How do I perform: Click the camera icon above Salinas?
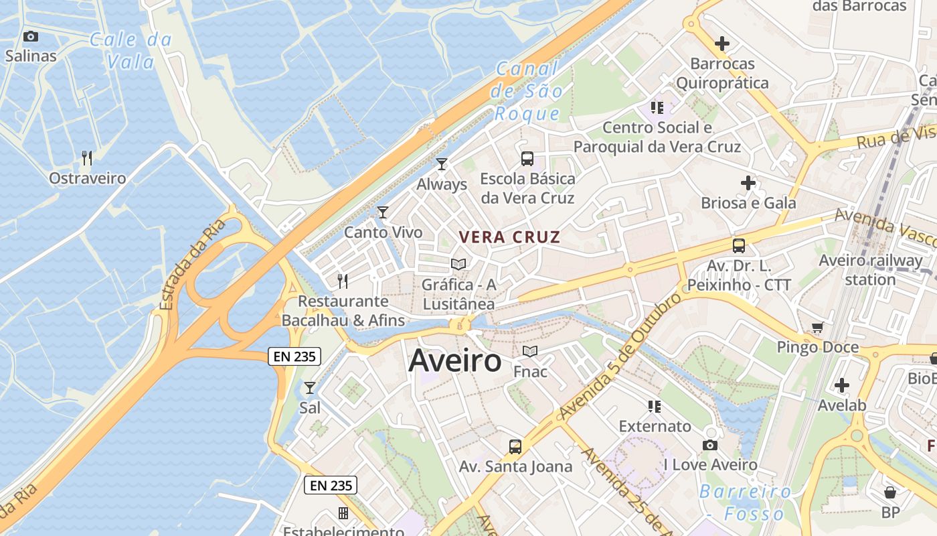(30, 37)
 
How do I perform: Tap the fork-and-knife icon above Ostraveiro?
(87, 158)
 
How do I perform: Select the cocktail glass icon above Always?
(441, 164)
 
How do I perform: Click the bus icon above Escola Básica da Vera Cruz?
(527, 159)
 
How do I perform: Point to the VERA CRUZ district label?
(509, 237)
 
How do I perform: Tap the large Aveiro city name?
(454, 360)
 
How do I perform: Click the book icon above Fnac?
(530, 351)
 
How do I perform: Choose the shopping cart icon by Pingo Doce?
(817, 328)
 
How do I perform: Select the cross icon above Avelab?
(842, 385)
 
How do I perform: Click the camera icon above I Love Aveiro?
(710, 445)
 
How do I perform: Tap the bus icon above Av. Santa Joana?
(515, 447)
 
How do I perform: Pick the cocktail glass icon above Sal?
(309, 388)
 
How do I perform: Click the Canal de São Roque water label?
(526, 90)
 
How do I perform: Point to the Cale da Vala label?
(131, 51)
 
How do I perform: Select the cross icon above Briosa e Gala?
(748, 183)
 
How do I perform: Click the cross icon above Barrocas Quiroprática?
(722, 44)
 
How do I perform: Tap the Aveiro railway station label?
(870, 269)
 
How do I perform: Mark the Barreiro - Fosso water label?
(746, 503)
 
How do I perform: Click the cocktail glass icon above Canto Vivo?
(383, 212)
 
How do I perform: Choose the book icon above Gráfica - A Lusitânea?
(458, 265)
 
